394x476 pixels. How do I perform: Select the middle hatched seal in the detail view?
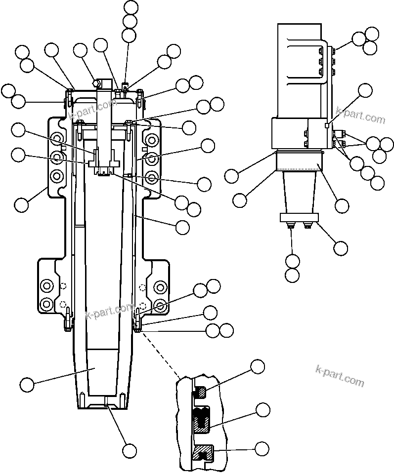202,420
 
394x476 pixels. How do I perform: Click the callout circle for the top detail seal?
258,367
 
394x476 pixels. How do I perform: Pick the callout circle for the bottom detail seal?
262,448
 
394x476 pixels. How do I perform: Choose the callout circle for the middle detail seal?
263,409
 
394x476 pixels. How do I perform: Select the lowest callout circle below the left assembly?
130,450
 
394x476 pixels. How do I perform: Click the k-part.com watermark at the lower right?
339,376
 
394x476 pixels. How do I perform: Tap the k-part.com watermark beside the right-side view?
360,115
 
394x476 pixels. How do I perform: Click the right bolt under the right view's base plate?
308,226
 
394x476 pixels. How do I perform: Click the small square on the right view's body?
327,125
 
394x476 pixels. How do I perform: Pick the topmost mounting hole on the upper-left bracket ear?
57,138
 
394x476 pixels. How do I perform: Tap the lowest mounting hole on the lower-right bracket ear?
160,303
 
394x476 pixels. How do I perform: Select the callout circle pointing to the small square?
365,90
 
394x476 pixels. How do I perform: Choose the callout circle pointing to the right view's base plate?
341,248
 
